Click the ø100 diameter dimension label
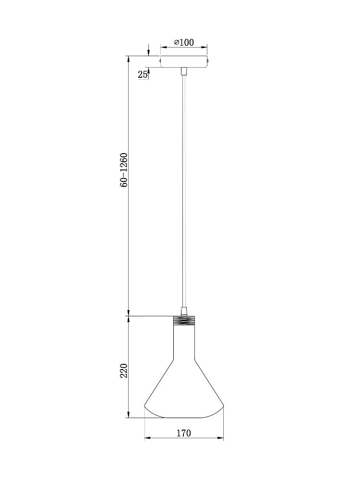184,42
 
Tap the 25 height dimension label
142,74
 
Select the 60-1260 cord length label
124,170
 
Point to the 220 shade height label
124,371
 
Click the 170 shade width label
184,433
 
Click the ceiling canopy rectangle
184,61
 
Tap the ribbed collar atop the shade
184,321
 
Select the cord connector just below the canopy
184,72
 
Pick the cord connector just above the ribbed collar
184,312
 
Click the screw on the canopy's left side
159,61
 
